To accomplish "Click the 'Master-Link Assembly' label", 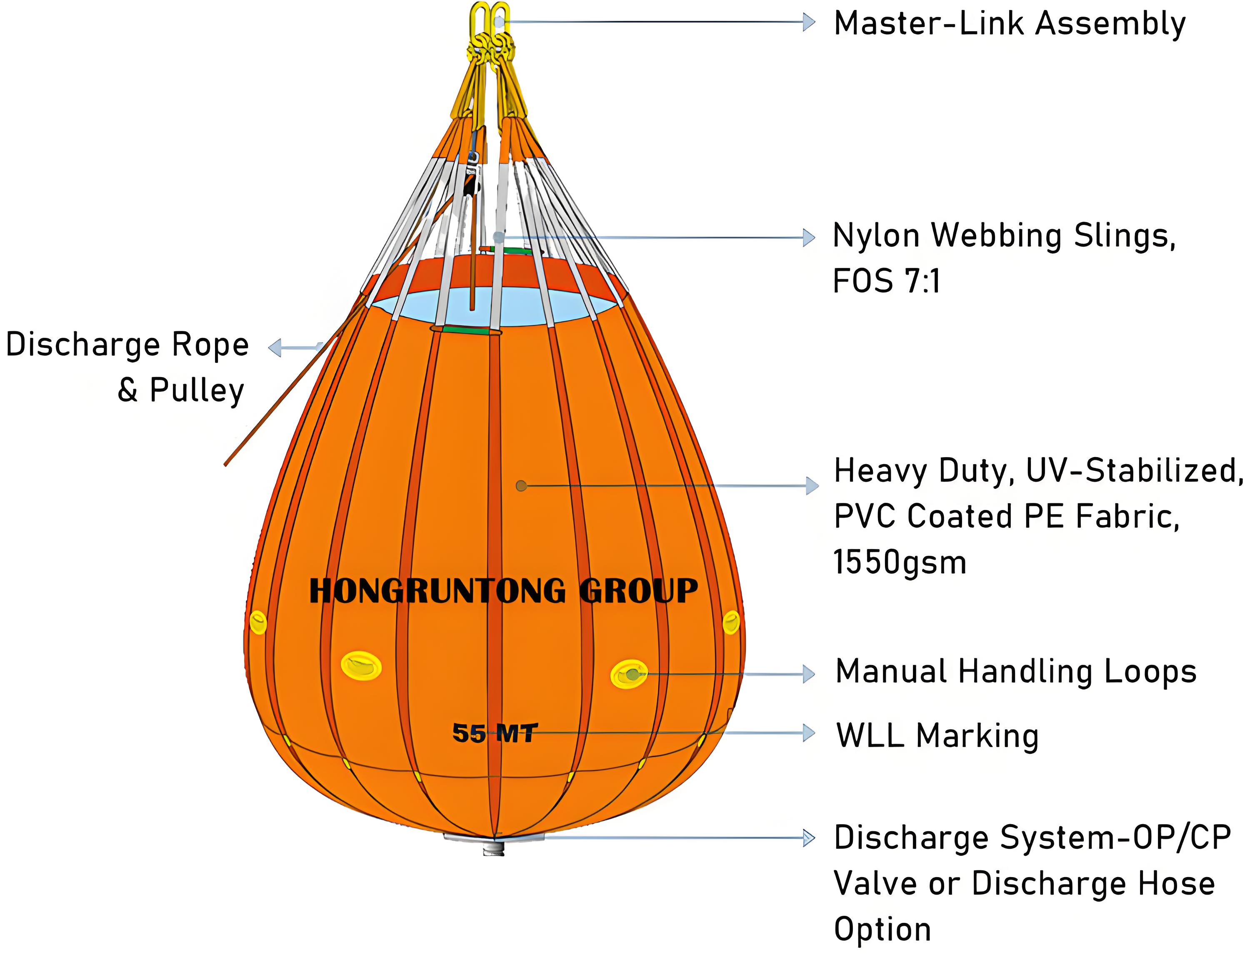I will (x=1010, y=24).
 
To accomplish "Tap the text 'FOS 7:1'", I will (x=886, y=282).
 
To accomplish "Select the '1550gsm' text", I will (x=900, y=563).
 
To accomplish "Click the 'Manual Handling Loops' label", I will (x=1016, y=672).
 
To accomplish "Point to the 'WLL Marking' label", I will (x=937, y=736).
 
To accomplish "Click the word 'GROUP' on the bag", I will (x=638, y=591).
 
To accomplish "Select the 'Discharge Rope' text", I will (x=127, y=345).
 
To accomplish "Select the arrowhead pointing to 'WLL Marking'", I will (x=809, y=733).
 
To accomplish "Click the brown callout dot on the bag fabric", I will (x=521, y=486).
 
